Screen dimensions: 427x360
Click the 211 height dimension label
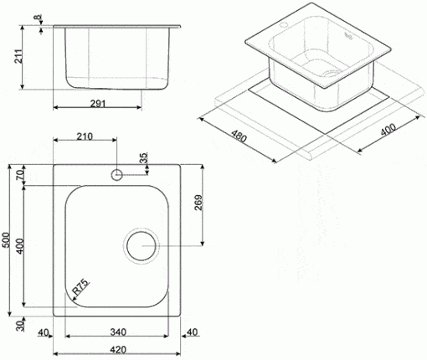click(x=18, y=57)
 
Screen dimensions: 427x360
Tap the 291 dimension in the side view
click(x=98, y=104)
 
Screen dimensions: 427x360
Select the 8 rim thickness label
click(x=37, y=18)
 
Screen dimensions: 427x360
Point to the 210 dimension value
click(x=85, y=136)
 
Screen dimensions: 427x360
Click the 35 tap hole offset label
click(x=144, y=158)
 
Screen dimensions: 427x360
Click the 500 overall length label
click(x=6, y=239)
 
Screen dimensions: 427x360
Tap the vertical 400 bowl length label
click(x=20, y=246)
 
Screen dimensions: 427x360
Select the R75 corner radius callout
click(x=81, y=287)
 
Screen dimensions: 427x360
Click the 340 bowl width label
click(x=118, y=332)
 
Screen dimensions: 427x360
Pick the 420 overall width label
click(x=118, y=350)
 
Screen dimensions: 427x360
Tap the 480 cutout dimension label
click(x=239, y=136)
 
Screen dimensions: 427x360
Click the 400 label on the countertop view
click(x=388, y=129)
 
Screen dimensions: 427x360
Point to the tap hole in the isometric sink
click(x=283, y=24)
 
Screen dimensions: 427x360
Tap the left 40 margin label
click(x=44, y=332)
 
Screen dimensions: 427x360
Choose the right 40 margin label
click(x=193, y=332)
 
